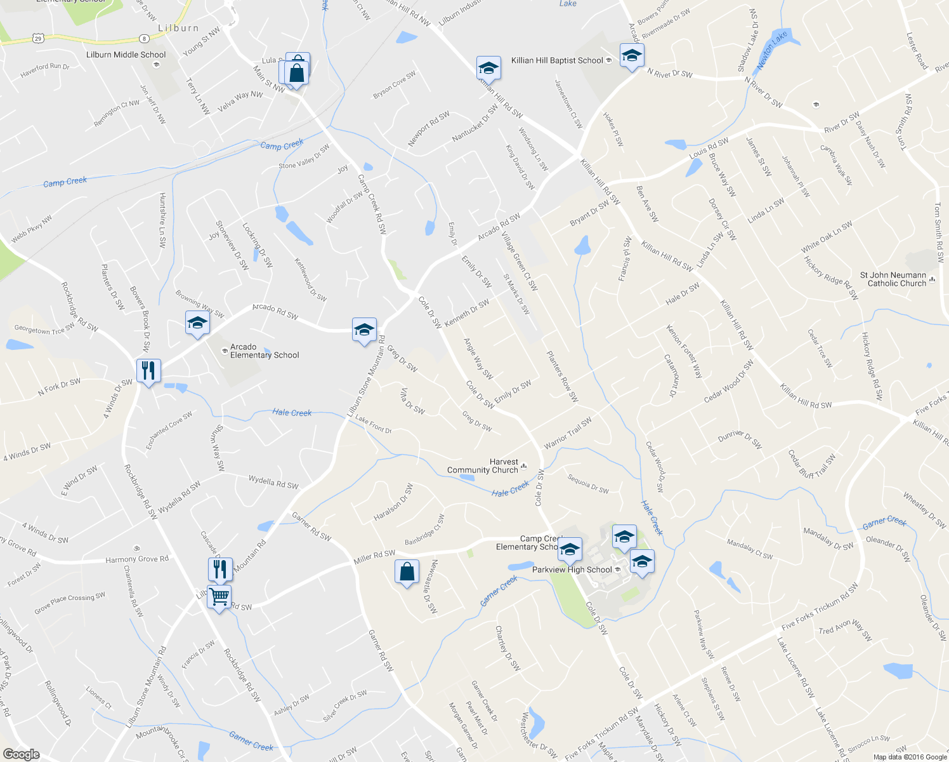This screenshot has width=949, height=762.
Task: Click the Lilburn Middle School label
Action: click(126, 55)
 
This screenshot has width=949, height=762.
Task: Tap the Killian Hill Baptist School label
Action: click(557, 60)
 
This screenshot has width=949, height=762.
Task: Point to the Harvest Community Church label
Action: click(483, 466)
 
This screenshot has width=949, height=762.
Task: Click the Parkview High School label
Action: click(572, 570)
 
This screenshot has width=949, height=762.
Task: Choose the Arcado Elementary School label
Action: click(264, 351)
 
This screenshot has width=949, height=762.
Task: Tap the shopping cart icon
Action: click(219, 597)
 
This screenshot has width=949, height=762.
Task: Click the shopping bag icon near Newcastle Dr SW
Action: click(407, 572)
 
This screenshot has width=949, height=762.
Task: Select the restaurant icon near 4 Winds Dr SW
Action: click(148, 371)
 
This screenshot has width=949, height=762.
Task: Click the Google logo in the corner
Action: click(21, 754)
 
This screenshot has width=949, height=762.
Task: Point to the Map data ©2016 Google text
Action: click(910, 757)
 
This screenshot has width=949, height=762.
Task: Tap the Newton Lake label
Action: click(771, 49)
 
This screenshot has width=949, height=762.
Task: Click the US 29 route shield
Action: click(39, 39)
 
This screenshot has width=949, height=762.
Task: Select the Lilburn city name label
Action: click(178, 29)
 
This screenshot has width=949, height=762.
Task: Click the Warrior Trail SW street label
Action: click(568, 432)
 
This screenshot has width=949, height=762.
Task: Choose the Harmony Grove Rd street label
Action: click(137, 559)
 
